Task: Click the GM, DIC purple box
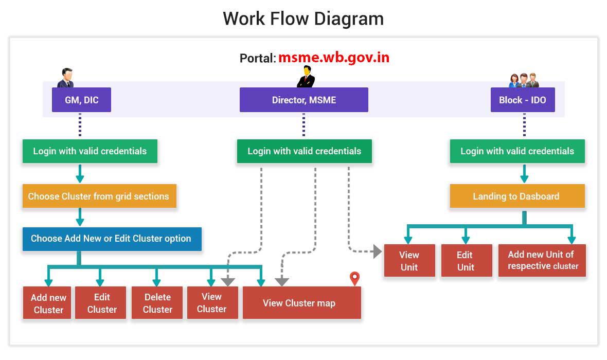click(x=81, y=100)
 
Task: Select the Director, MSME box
click(x=304, y=100)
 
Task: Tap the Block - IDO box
click(x=523, y=100)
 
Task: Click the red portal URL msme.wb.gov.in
click(x=333, y=58)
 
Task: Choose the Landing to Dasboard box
click(x=517, y=196)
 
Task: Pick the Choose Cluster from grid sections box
click(x=99, y=196)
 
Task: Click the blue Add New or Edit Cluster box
click(x=112, y=239)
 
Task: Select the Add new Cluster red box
click(x=47, y=303)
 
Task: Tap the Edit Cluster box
click(x=101, y=303)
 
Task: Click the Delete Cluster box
click(x=157, y=303)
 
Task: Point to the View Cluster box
click(x=212, y=303)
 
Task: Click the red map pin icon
click(x=354, y=279)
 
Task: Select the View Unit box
click(x=409, y=261)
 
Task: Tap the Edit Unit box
click(x=466, y=261)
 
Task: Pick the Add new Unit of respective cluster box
click(x=542, y=260)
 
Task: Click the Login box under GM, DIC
click(x=90, y=151)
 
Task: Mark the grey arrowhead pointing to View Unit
click(x=377, y=251)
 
